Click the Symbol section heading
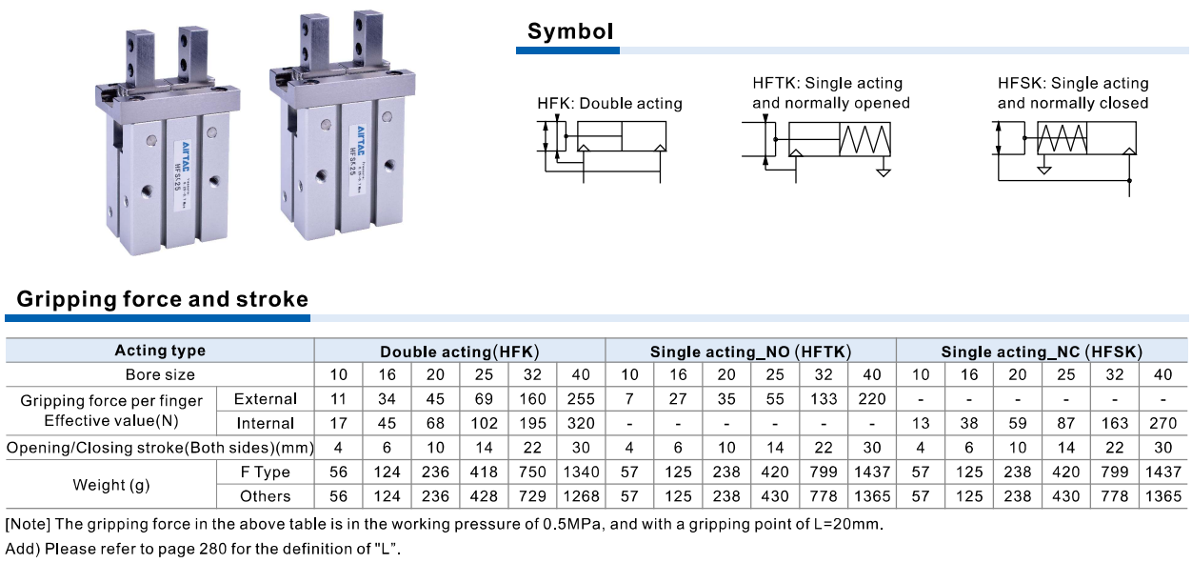[x=569, y=31]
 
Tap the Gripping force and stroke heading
[x=163, y=299]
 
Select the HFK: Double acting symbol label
[x=609, y=104]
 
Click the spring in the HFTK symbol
[x=865, y=140]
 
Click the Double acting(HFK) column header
[x=460, y=352]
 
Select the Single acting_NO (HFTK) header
[x=750, y=352]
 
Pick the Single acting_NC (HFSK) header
[x=1042, y=352]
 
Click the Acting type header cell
[x=160, y=351]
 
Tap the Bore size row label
[x=160, y=374]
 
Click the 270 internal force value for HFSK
[x=1162, y=423]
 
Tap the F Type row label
[x=266, y=472]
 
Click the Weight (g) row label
[x=111, y=484]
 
